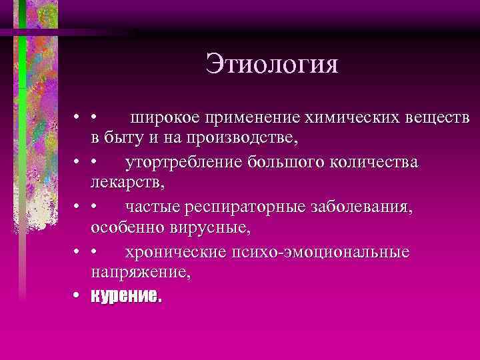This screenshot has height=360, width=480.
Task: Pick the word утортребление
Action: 183,163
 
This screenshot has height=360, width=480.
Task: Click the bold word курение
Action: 126,295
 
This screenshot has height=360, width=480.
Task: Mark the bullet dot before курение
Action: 78,295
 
